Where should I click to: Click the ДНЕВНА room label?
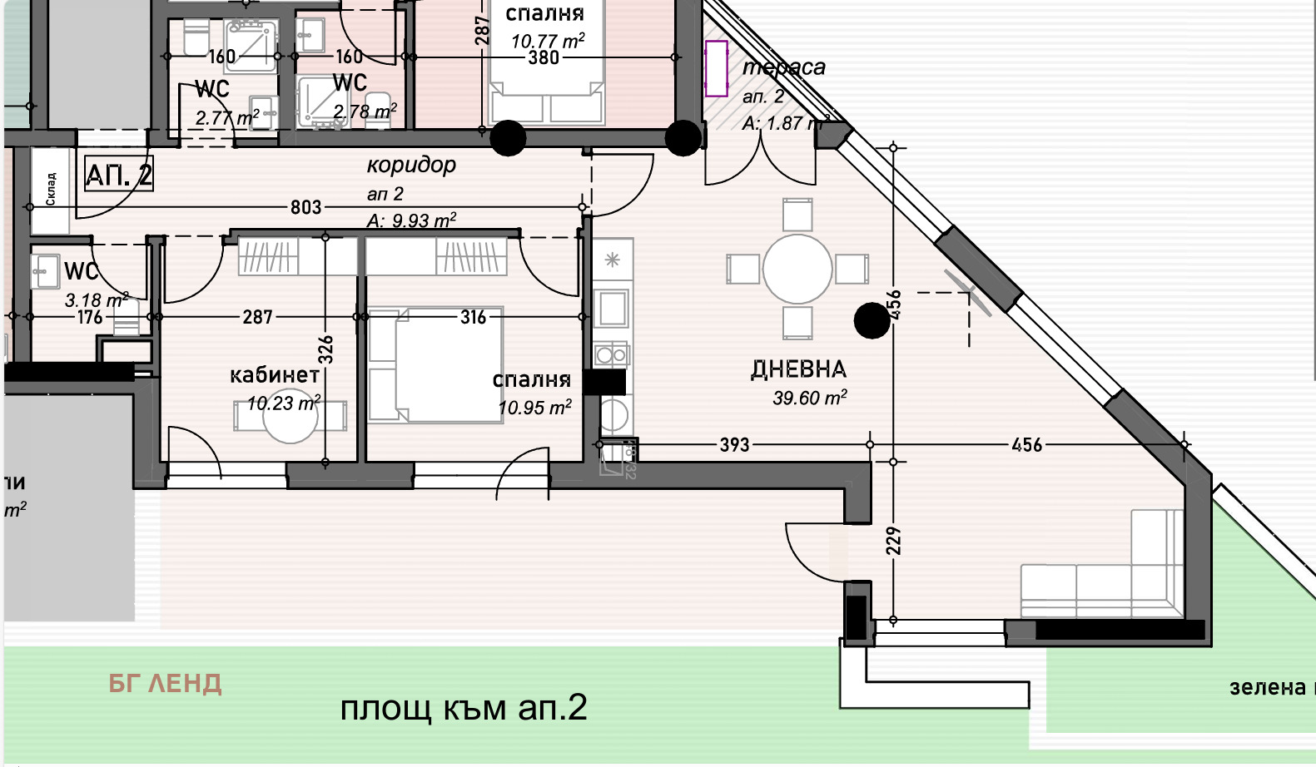tap(797, 369)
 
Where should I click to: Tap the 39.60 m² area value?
tap(809, 398)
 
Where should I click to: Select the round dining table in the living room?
tap(797, 270)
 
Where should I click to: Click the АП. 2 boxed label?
tap(119, 176)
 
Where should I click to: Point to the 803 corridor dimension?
tap(305, 207)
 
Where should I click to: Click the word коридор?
tap(411, 165)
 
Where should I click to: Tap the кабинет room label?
tap(274, 375)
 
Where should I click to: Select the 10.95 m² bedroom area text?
tap(534, 408)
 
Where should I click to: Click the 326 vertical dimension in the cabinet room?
tap(326, 349)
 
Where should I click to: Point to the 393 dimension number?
tap(734, 445)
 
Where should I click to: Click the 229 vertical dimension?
tap(893, 541)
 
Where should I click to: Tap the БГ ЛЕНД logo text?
tap(165, 684)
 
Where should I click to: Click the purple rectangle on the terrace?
tap(716, 68)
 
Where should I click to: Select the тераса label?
tap(784, 67)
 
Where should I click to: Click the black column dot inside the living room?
tap(872, 320)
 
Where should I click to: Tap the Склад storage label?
tap(51, 189)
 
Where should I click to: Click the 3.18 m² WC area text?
tap(96, 299)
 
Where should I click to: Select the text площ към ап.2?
tap(464, 708)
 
